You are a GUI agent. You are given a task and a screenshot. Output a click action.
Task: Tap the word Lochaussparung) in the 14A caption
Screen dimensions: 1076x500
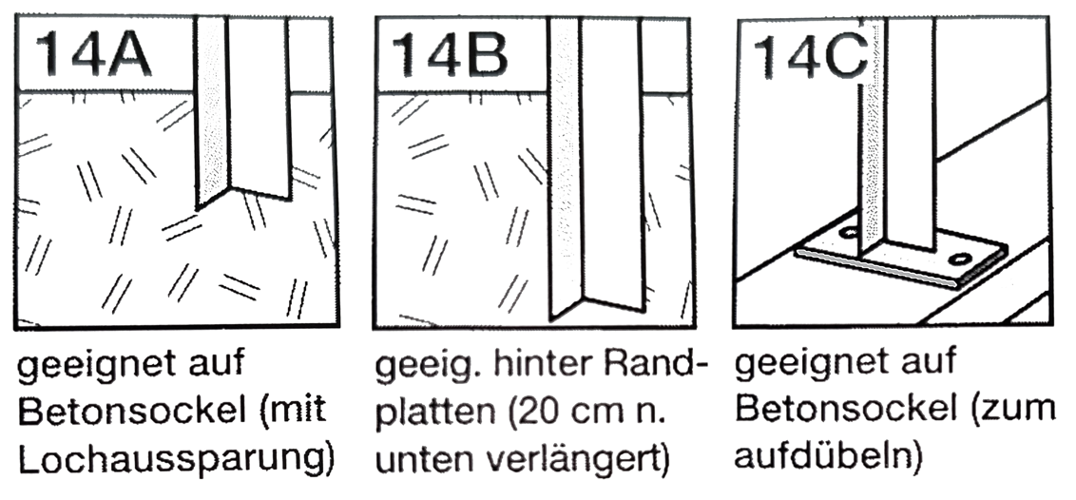tap(177, 461)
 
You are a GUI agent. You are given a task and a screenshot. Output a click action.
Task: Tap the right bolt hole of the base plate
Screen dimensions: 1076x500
tap(960, 260)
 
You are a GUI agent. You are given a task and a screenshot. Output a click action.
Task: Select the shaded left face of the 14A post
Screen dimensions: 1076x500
tap(212, 113)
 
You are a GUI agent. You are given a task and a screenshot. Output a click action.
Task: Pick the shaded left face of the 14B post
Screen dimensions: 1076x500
tap(566, 169)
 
